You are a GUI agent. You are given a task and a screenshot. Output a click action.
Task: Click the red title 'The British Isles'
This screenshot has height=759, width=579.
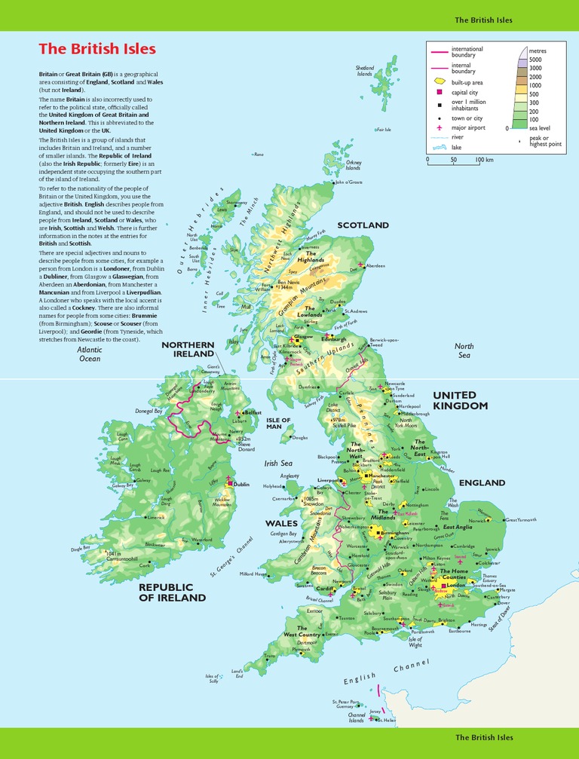click(x=97, y=49)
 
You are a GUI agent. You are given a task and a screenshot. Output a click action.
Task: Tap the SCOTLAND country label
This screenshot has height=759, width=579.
click(x=363, y=225)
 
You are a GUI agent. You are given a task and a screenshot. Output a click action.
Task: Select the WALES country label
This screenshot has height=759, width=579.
click(x=281, y=522)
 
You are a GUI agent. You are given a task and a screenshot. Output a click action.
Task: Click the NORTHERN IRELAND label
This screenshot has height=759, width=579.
click(x=188, y=349)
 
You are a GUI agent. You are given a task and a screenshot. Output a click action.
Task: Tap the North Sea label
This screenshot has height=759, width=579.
click(x=464, y=350)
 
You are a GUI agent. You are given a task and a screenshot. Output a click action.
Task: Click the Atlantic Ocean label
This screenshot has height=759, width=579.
click(x=90, y=354)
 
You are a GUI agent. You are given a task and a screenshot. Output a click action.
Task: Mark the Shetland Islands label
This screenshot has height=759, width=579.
click(x=364, y=71)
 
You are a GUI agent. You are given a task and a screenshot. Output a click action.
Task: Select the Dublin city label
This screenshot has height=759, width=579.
click(x=241, y=485)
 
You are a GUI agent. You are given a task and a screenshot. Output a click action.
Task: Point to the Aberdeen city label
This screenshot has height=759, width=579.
click(x=375, y=266)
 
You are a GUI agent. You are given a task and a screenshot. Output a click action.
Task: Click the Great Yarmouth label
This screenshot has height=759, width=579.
click(x=521, y=520)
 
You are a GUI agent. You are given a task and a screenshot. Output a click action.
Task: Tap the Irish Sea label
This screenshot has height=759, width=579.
click(x=277, y=464)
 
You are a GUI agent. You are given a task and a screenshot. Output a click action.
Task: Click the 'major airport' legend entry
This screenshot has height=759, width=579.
click(x=467, y=128)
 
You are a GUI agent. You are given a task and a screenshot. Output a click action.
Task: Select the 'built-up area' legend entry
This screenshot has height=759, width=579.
click(x=467, y=81)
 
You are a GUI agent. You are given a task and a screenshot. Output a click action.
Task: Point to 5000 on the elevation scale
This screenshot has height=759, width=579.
click(x=535, y=60)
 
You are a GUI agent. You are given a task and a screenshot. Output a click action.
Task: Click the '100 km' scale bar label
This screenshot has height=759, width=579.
click(x=484, y=160)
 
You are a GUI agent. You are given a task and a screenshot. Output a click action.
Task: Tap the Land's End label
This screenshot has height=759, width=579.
click(x=237, y=672)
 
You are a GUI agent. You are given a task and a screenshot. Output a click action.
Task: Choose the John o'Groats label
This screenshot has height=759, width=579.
click(x=349, y=182)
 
